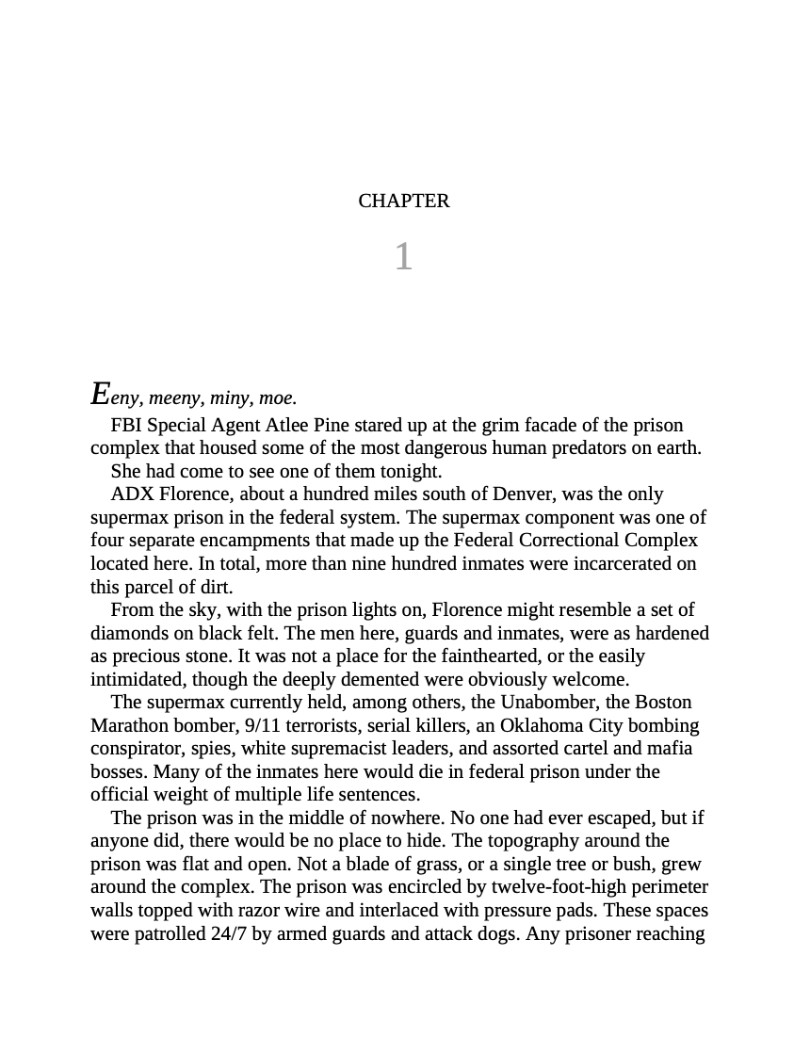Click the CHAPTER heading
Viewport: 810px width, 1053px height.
[x=404, y=201]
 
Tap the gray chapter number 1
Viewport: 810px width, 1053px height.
[x=403, y=256]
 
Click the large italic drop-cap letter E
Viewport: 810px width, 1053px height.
[x=100, y=393]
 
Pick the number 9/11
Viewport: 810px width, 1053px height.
[x=267, y=726]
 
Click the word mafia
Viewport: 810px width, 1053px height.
[x=669, y=749]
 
